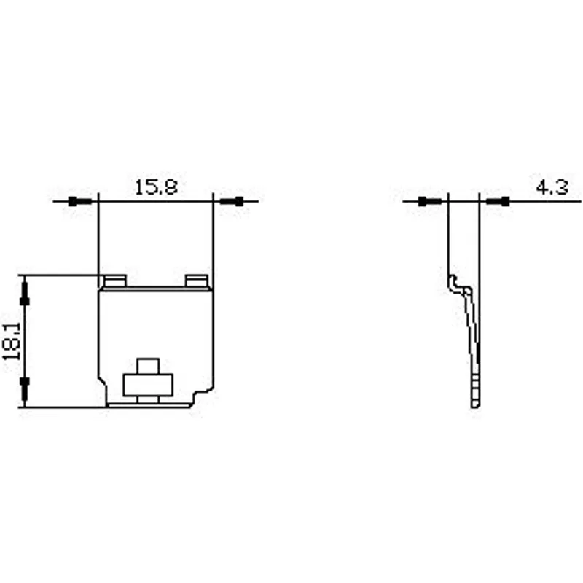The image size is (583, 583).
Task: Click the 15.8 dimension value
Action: pyautogui.click(x=156, y=187)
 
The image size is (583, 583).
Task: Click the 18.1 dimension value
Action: pyautogui.click(x=12, y=341)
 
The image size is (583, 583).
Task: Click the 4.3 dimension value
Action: pyautogui.click(x=552, y=187)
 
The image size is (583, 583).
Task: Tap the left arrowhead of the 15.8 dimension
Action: pyautogui.click(x=80, y=202)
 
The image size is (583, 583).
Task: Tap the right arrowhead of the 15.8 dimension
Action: pyautogui.click(x=231, y=202)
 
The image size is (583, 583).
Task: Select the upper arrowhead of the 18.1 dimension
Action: pyautogui.click(x=25, y=294)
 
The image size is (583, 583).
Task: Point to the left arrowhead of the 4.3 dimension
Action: pyautogui.click(x=430, y=202)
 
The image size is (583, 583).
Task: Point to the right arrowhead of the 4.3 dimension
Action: pyautogui.click(x=498, y=202)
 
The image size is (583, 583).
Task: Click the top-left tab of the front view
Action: pyautogui.click(x=115, y=281)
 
